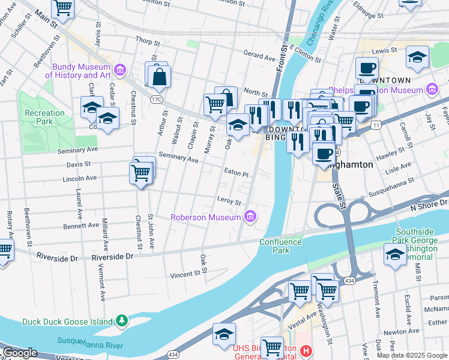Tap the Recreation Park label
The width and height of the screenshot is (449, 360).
44,117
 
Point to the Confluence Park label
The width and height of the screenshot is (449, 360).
279,246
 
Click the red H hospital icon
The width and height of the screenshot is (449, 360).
306,350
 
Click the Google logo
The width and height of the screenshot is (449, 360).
19,353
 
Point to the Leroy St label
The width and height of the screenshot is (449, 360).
229,201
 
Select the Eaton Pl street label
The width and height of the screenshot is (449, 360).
236,172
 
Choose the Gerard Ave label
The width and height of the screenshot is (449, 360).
259,55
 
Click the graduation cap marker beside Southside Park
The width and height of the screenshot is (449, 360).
395,255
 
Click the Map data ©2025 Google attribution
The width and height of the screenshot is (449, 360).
411,355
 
